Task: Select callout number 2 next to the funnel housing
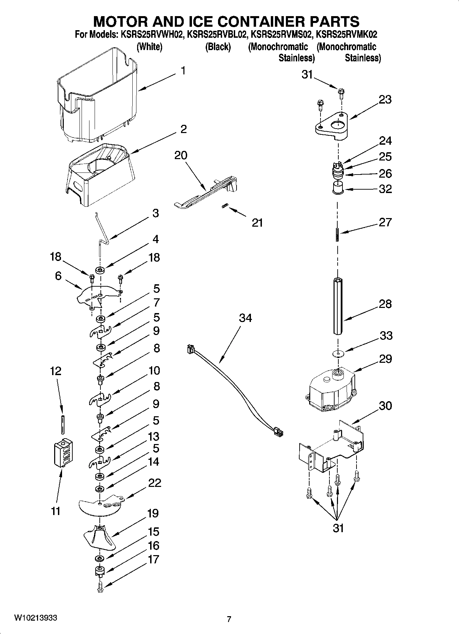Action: (183, 129)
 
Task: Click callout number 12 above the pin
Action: (56, 371)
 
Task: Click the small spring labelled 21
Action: (225, 206)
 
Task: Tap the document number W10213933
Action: (36, 618)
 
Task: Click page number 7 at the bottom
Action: (229, 619)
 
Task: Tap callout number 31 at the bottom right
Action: (338, 528)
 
